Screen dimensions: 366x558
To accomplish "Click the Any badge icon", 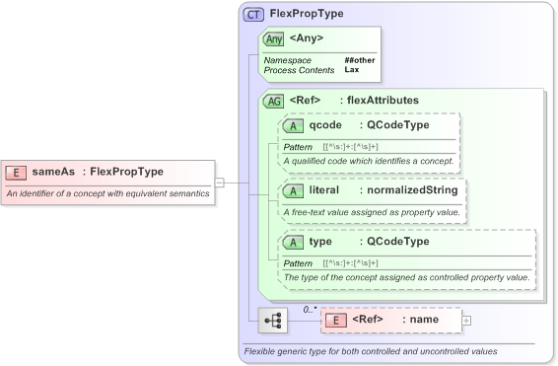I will [273, 38].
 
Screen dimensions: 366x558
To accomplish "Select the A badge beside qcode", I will [293, 125].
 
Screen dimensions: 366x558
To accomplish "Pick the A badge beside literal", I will [293, 189].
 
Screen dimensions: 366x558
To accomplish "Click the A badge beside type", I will [293, 242].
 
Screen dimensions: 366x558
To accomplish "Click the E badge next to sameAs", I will [16, 172].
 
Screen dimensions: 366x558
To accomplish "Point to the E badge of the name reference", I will [335, 321].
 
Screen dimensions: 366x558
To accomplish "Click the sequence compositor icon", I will [272, 321].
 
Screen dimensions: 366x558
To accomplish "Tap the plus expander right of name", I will [466, 321].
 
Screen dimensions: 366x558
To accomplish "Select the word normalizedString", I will [408, 189].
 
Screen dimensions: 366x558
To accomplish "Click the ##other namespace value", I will [359, 60].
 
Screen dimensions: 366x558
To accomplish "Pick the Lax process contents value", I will [351, 70].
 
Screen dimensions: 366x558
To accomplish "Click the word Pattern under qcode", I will [298, 146].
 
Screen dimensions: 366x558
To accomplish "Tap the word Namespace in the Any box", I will [287, 60].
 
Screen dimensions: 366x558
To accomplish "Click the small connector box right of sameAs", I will [220, 183].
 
